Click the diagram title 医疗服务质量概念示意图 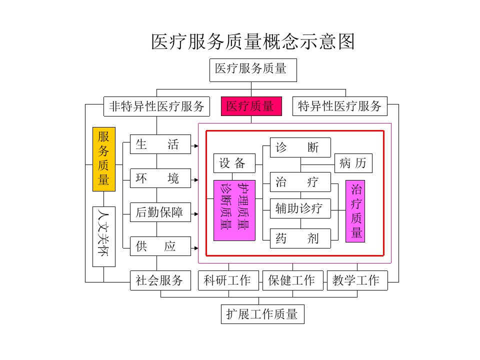coord(253,41)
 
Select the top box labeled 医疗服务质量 coord(253,70)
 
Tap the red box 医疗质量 coord(251,106)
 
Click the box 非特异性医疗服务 coord(156,106)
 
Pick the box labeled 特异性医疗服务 coord(340,106)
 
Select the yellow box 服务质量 coord(104,159)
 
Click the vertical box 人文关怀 coord(104,236)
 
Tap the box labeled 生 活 coord(160,144)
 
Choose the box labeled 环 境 coord(160,178)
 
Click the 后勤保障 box coord(160,212)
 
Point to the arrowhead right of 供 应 coord(196,248)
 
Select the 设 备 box coord(234,163)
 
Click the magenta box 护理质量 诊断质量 coord(234,210)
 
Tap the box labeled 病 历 coord(353,163)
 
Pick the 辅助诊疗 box coord(300,208)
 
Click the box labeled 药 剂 coord(300,238)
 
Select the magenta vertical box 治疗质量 coord(355,211)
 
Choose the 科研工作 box coord(228,280)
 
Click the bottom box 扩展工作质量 coord(262,314)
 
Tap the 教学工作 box coord(357,280)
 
